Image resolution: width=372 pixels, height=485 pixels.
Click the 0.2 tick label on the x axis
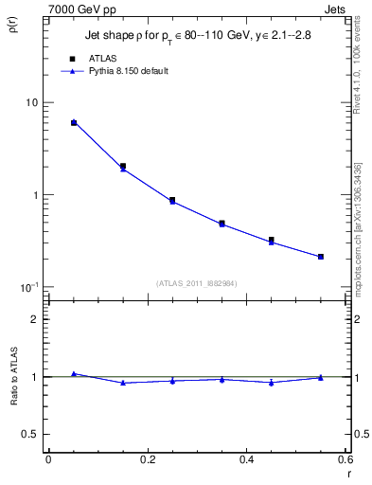pyautogui.click(x=147, y=459)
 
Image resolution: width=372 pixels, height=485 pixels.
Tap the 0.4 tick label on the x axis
pyautogui.click(x=246, y=459)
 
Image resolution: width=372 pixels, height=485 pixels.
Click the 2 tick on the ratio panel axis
pyautogui.click(x=35, y=319)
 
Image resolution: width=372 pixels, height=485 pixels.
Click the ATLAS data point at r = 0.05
pyautogui.click(x=74, y=123)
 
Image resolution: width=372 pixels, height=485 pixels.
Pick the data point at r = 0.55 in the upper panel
pyautogui.click(x=321, y=257)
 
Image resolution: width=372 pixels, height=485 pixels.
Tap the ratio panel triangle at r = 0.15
pyautogui.click(x=123, y=383)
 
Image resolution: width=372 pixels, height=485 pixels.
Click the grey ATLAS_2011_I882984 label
pyautogui.click(x=197, y=282)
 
